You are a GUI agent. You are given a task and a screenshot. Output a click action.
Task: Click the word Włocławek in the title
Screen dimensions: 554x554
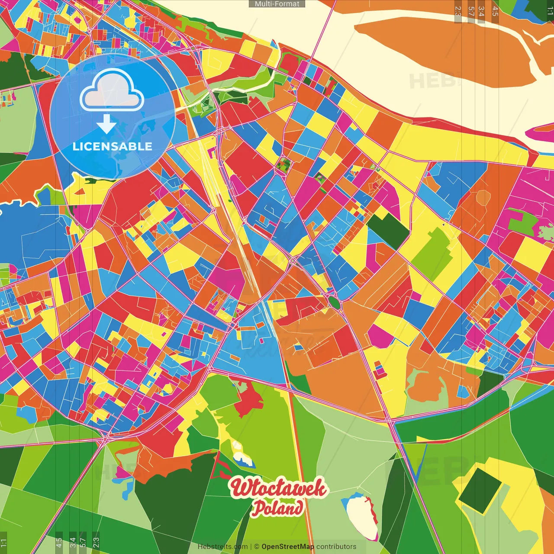point(278,488)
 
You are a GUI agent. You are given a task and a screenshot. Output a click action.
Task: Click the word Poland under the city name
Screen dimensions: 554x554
point(277,508)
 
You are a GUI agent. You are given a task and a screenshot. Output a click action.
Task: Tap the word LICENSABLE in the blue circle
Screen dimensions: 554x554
point(113,146)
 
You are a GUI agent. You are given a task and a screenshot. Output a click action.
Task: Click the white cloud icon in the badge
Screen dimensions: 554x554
point(112,90)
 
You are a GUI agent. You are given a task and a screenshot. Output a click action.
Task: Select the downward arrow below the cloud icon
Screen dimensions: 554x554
point(106,124)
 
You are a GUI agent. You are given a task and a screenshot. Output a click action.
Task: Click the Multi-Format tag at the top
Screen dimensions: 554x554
point(277,4)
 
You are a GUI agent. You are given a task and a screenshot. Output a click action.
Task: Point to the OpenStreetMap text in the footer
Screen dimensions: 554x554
point(287,547)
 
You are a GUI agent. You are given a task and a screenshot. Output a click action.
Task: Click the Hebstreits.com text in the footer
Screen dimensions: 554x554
point(222,547)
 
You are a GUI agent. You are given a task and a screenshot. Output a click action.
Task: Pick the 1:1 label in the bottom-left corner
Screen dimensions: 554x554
point(3,543)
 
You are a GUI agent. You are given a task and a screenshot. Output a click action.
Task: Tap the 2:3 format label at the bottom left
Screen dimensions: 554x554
point(96,543)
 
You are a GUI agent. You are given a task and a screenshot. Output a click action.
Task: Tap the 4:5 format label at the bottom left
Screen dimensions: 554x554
point(59,543)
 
